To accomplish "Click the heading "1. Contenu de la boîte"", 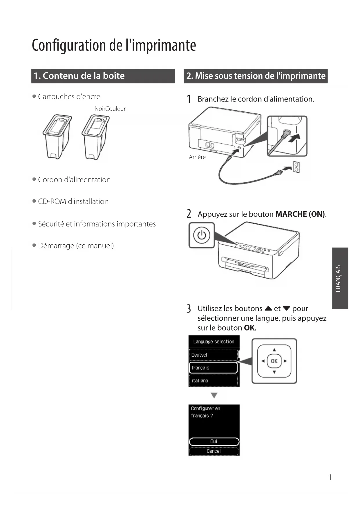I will [x=79, y=76].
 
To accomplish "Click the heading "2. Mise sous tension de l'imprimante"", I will [x=256, y=76].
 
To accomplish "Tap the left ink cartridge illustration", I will [x=57, y=136].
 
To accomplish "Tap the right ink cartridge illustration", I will [x=95, y=137].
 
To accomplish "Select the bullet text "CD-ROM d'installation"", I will [x=73, y=201].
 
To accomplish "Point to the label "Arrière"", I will [x=197, y=157].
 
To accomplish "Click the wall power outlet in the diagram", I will [x=296, y=167].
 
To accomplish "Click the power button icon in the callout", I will [x=202, y=235].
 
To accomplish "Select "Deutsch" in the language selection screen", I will [x=214, y=355].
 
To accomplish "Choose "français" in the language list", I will [x=213, y=368].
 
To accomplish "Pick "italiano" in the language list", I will [x=214, y=380].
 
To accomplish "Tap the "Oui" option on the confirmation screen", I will [x=214, y=441].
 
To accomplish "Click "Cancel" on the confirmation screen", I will [x=214, y=451].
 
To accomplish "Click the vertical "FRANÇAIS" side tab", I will [x=340, y=278].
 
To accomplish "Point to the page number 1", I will [x=330, y=477].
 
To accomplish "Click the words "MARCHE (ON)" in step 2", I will [x=300, y=214].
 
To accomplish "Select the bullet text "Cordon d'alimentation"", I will [x=74, y=180].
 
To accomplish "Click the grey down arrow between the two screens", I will [x=214, y=395].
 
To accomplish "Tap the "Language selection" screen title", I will [x=214, y=342].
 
